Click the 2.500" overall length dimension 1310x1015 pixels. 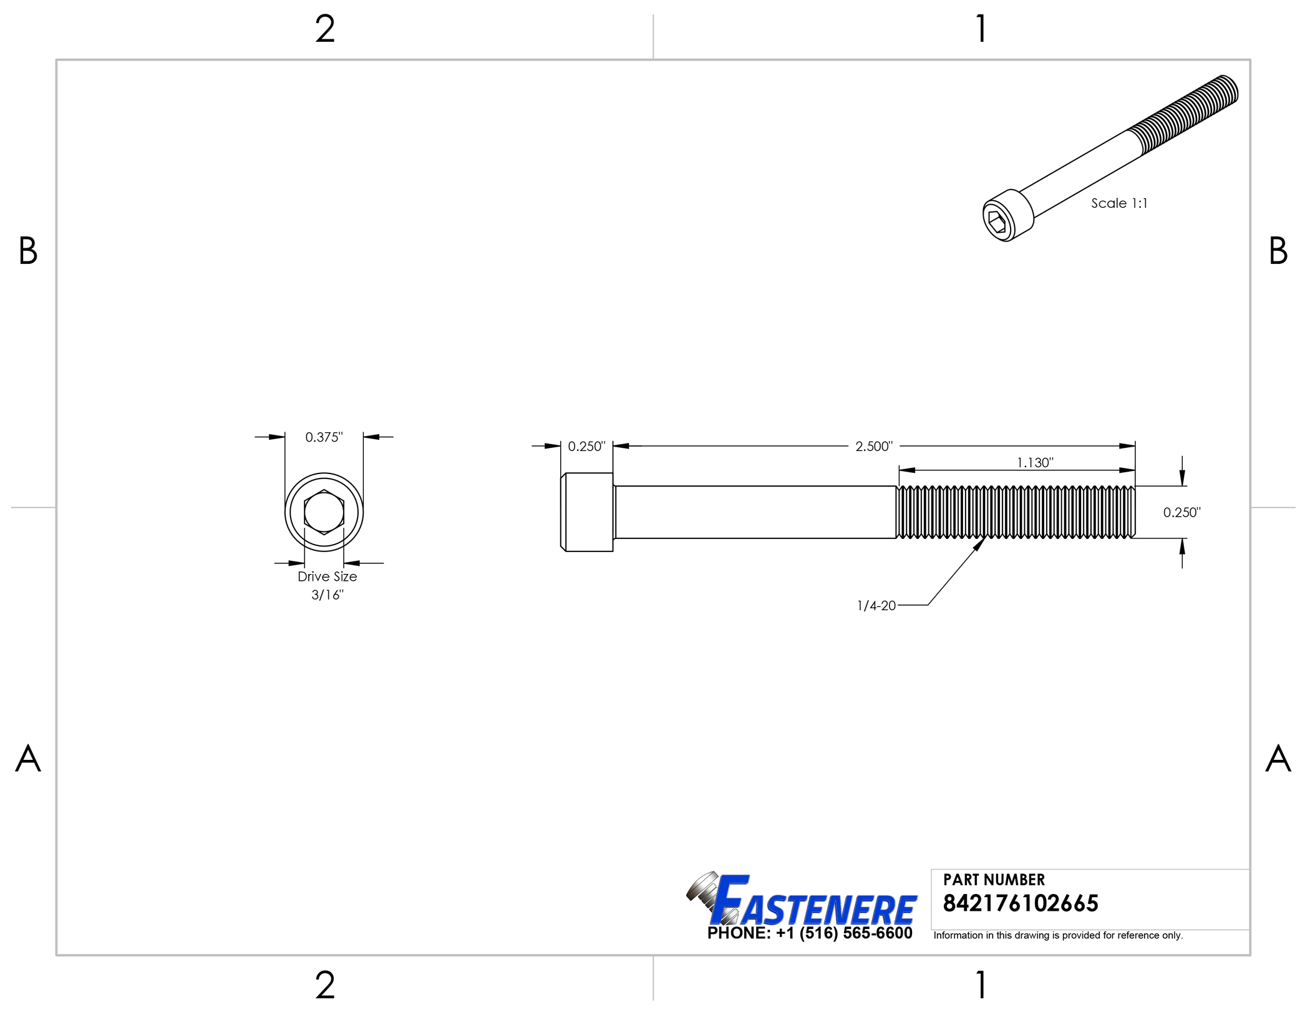(x=873, y=446)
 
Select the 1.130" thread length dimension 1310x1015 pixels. (x=1034, y=462)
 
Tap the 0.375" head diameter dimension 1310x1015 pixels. (x=324, y=437)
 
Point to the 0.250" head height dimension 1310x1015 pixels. (x=586, y=446)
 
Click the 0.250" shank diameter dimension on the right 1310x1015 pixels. (x=1181, y=512)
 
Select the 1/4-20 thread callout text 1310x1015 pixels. (x=876, y=605)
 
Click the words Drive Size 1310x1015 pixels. (x=327, y=576)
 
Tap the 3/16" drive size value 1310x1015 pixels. (x=327, y=595)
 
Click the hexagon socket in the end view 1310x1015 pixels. (x=324, y=512)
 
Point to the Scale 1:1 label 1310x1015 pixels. (x=1118, y=203)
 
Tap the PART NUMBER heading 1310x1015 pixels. (x=993, y=880)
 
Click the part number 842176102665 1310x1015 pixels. (x=1020, y=903)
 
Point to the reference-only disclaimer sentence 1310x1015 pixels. (x=1057, y=935)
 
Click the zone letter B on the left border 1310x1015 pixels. (x=28, y=251)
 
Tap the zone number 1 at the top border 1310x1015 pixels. (x=981, y=29)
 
